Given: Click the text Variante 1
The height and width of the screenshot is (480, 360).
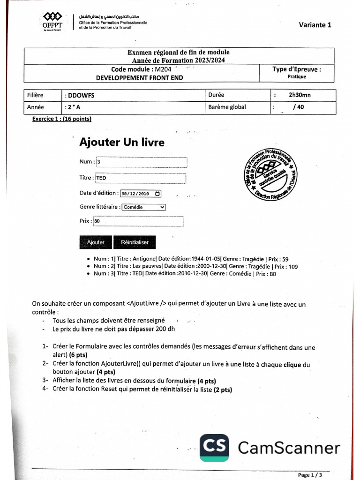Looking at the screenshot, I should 315,25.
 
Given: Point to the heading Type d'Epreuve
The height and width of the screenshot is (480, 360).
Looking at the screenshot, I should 297,69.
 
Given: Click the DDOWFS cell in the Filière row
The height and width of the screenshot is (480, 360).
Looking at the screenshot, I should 81,95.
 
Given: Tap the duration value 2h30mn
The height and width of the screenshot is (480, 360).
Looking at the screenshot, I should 300,95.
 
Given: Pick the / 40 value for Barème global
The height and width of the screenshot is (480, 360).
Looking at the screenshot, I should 298,107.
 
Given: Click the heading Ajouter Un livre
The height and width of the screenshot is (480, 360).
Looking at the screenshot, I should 122,142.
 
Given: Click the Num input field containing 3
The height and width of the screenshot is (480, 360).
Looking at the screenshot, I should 141,162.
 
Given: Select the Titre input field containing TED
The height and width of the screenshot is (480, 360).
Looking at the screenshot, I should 140,178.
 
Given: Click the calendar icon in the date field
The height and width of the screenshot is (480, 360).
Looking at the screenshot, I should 157,193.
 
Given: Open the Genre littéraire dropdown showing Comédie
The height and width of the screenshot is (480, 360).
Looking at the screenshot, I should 143,207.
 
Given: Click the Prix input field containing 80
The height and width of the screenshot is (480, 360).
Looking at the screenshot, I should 138,221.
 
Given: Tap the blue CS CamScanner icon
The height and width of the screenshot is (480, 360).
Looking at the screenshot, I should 214,448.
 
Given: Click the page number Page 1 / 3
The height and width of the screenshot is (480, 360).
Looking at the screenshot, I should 310,475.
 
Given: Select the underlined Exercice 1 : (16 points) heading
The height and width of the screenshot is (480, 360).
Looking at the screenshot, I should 61,119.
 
